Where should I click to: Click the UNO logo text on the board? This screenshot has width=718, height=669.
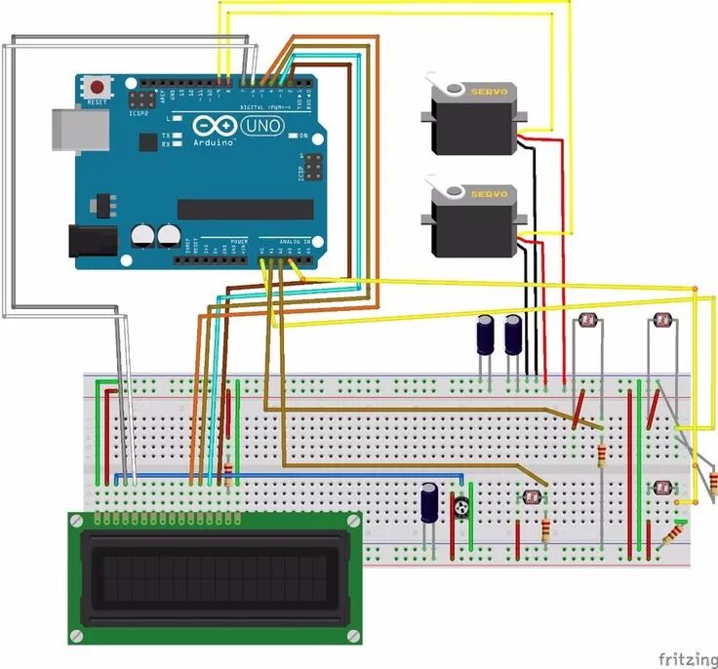click(x=263, y=127)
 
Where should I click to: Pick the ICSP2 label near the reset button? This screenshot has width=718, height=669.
click(x=139, y=113)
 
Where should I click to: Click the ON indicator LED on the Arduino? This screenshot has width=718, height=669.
click(x=292, y=136)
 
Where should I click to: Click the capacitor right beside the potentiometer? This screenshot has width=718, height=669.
click(x=430, y=505)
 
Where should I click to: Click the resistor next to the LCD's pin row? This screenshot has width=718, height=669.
click(x=228, y=475)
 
